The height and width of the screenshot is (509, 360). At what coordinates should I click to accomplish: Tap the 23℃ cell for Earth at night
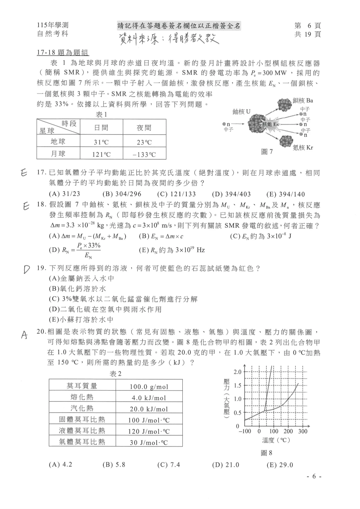[144, 142]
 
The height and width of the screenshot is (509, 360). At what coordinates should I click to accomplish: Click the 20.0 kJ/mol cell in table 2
[149, 409]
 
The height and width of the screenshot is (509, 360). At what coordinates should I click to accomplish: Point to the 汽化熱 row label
[82, 408]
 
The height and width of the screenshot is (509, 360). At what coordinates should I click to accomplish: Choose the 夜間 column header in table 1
[144, 128]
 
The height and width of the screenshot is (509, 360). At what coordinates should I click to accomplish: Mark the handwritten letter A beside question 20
[25, 335]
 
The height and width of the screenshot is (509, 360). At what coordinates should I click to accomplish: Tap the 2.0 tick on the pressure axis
[237, 372]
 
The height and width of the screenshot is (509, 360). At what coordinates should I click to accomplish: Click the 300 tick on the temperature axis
[303, 431]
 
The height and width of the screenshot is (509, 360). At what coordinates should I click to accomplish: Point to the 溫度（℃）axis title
[276, 440]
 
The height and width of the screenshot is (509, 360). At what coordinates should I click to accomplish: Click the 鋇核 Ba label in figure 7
[303, 101]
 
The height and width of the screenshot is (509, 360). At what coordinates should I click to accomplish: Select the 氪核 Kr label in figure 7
[303, 148]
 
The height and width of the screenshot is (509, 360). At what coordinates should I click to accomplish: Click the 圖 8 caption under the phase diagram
[267, 453]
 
